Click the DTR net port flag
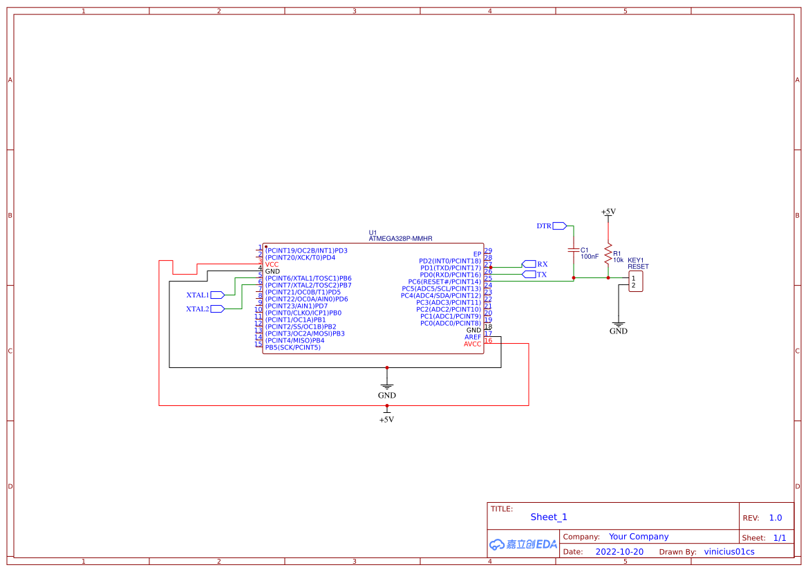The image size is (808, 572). pos(560,226)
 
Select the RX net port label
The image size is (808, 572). pos(529,264)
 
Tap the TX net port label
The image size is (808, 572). pos(529,275)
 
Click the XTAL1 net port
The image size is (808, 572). pos(218,295)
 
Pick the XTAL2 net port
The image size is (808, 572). pos(218,309)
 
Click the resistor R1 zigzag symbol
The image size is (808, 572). pos(608,254)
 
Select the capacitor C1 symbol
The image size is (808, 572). pos(573,250)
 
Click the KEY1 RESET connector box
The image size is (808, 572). pos(635,282)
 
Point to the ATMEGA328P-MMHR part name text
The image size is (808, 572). pos(400,239)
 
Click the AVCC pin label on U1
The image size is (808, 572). pos(472,344)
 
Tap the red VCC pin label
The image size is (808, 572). pos(272,264)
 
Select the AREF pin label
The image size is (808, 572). pos(473,337)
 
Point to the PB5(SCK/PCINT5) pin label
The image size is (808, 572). pos(292,347)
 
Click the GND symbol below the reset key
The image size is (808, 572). pos(618,324)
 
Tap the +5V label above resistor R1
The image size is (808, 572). pos(608,212)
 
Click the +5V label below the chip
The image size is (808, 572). pos(386,419)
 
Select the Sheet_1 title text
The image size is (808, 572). pos(549,517)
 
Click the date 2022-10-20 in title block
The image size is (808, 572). pos(619,552)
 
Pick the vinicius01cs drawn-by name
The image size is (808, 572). pos(729,552)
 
